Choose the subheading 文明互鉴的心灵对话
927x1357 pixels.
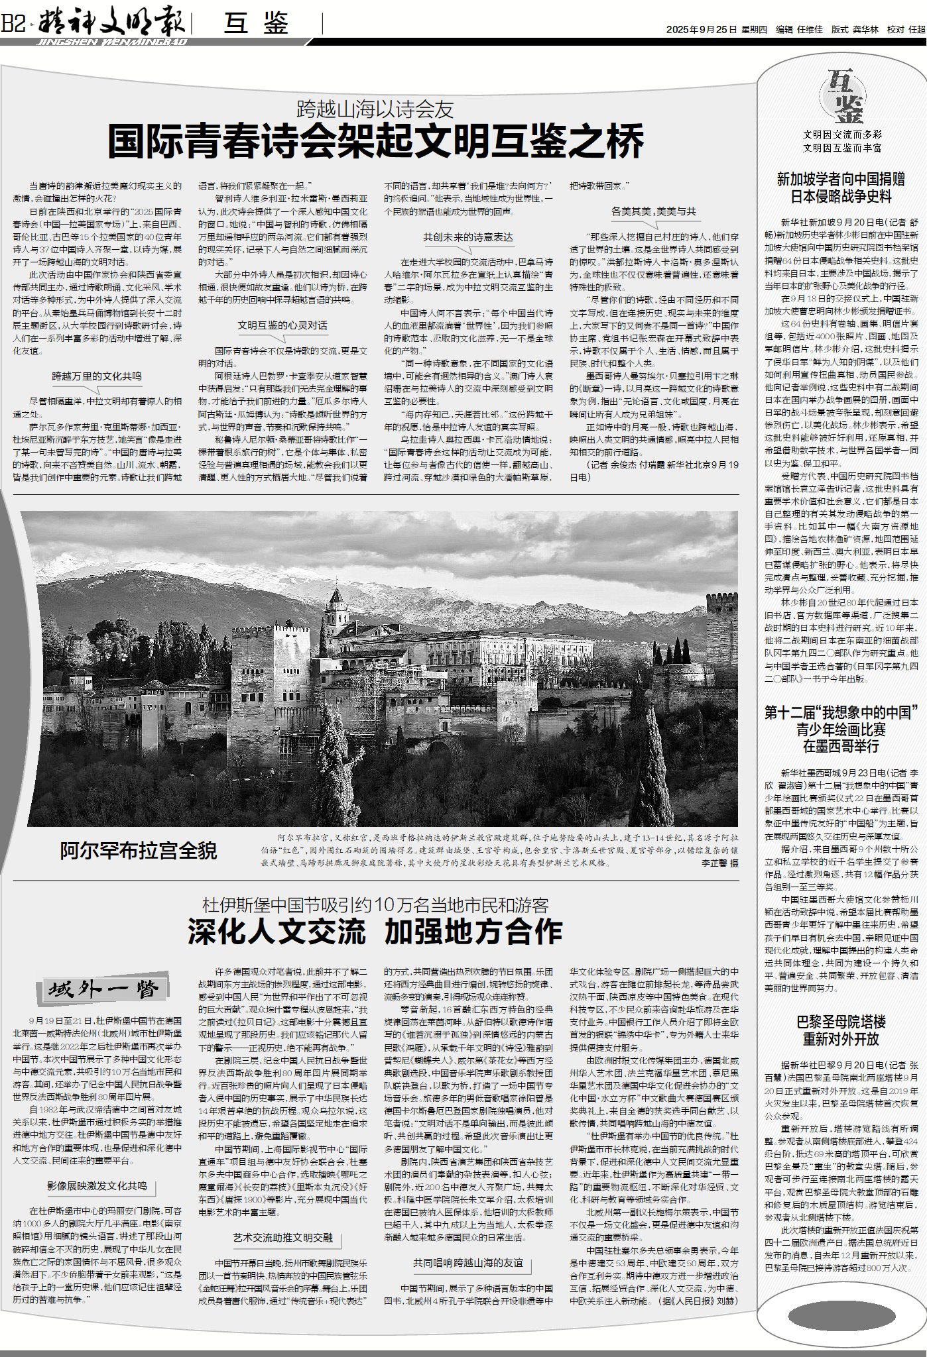[x=282, y=325]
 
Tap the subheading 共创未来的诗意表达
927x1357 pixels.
[x=468, y=237]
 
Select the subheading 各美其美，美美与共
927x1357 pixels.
[x=653, y=211]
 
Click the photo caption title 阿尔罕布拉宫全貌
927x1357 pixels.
[x=139, y=850]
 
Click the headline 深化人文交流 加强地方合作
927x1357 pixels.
[x=375, y=931]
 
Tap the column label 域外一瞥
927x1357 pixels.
[x=102, y=990]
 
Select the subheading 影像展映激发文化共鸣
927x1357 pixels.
[x=97, y=1148]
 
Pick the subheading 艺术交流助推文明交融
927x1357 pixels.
[x=282, y=1238]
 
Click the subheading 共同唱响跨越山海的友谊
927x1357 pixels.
[x=468, y=1264]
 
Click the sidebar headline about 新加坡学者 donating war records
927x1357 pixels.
[x=841, y=188]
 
